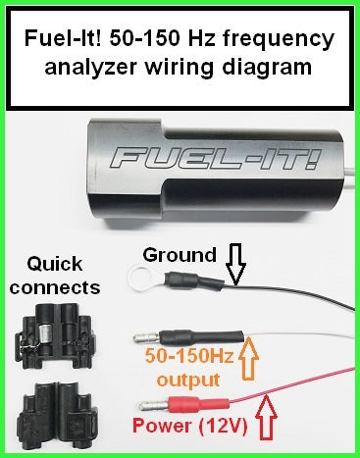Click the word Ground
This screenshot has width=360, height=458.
pyautogui.click(x=180, y=255)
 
